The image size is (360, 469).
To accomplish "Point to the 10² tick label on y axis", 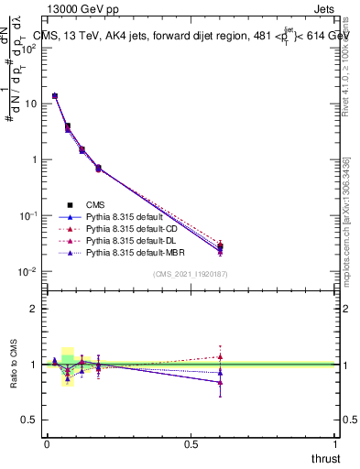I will click(28, 48).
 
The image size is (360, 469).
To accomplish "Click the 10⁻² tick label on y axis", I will click(28, 272).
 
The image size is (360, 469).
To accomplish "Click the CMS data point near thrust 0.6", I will click(220, 246).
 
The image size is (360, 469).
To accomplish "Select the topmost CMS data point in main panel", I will click(55, 95).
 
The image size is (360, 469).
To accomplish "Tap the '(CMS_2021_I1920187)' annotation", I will click(191, 275).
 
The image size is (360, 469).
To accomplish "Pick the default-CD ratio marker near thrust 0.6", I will click(220, 356).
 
